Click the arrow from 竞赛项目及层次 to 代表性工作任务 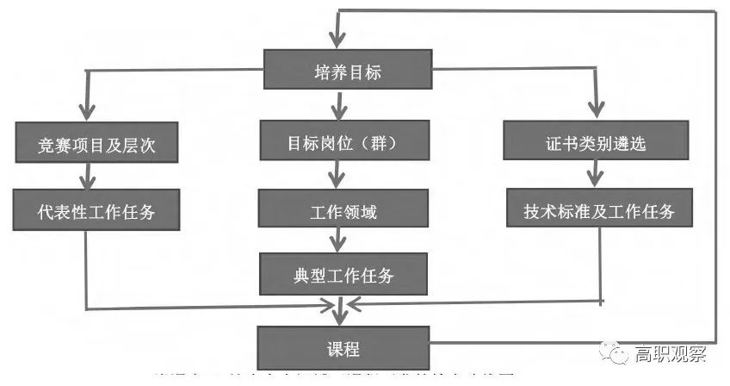point(86,177)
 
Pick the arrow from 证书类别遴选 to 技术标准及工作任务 point(592,176)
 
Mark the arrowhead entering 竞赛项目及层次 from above point(85,113)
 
